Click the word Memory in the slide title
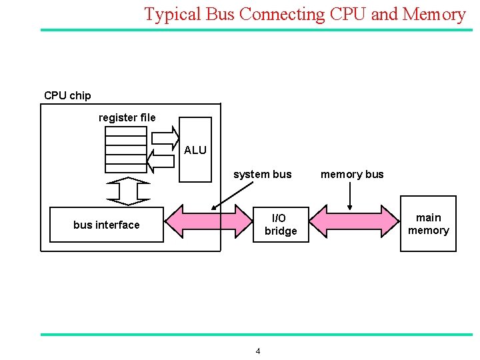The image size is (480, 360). click(434, 14)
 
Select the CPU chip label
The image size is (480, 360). click(67, 95)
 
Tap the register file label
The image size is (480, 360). click(127, 117)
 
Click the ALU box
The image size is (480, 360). click(195, 150)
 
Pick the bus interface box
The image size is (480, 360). click(107, 224)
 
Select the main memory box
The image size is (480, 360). click(428, 224)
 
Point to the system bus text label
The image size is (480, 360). click(262, 175)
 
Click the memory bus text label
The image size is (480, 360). click(352, 175)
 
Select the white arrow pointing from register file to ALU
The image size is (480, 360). click(165, 137)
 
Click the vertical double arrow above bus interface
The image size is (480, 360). click(129, 191)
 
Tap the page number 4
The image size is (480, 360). click(258, 351)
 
